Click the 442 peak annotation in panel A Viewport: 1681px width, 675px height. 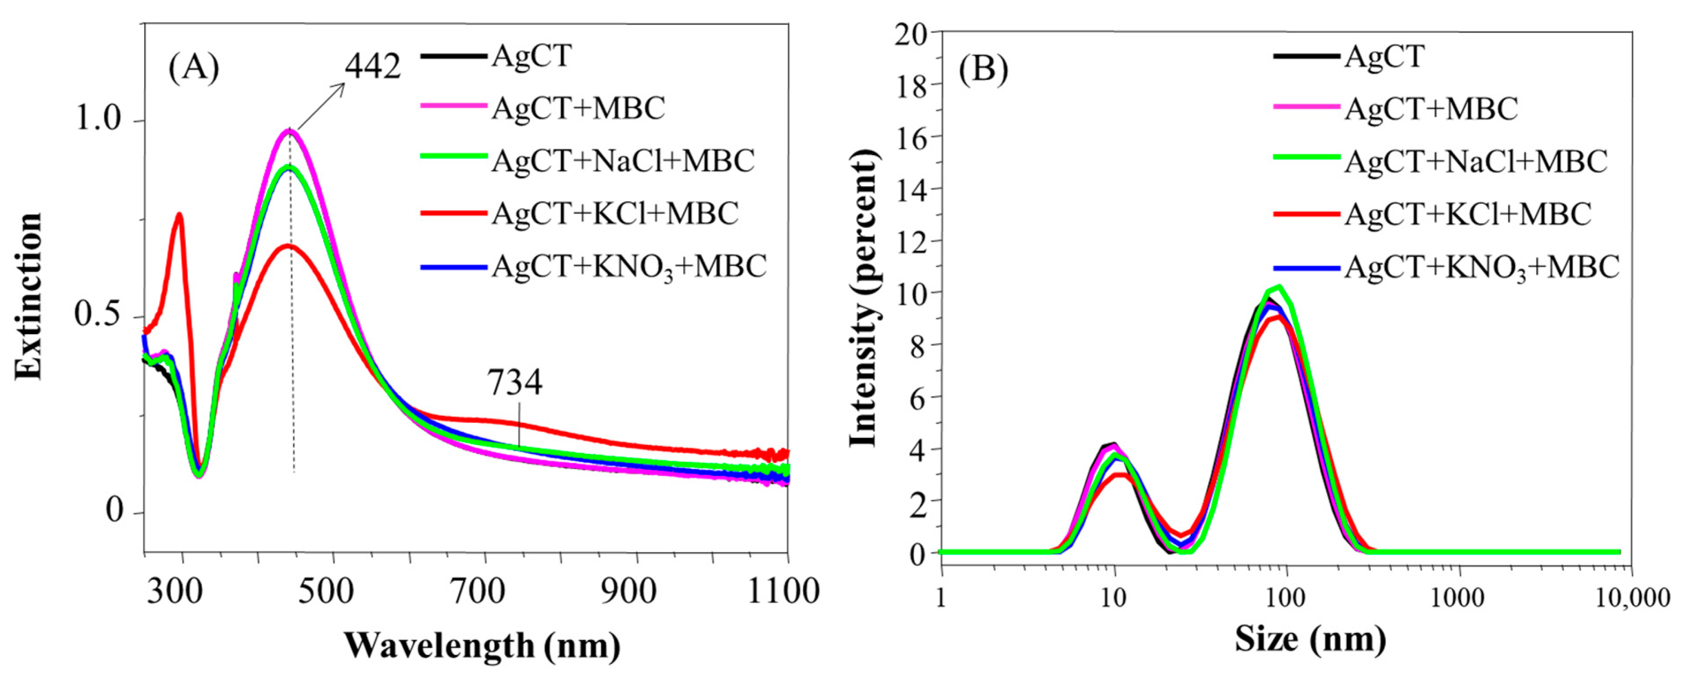click(x=373, y=66)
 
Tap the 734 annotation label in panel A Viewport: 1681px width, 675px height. click(x=515, y=383)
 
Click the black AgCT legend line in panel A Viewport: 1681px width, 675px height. click(x=454, y=56)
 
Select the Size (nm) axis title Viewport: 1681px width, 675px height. click(x=1310, y=638)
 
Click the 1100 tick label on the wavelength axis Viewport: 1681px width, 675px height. click(x=782, y=591)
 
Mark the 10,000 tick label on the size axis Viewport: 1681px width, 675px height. click(x=1631, y=597)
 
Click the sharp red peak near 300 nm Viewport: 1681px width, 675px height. click(x=178, y=215)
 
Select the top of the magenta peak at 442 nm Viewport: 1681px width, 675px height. click(x=289, y=131)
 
